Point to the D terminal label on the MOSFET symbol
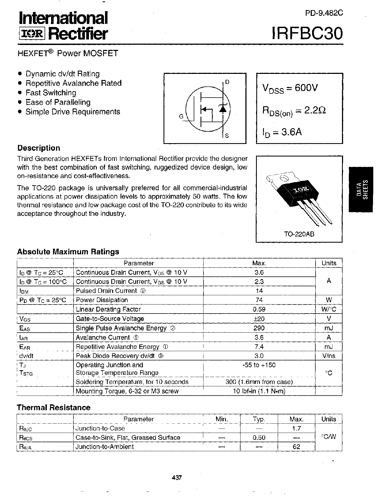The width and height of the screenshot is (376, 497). pyautogui.click(x=227, y=82)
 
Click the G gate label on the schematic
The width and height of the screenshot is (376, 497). pyautogui.click(x=181, y=116)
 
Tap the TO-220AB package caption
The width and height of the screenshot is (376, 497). pyautogui.click(x=299, y=234)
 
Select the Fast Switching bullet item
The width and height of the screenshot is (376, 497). pyautogui.click(x=51, y=93)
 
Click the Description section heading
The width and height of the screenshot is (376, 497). pyautogui.click(x=39, y=148)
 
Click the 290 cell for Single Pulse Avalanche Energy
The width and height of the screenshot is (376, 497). pyautogui.click(x=259, y=328)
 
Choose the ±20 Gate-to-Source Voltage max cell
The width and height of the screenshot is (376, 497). pyautogui.click(x=259, y=319)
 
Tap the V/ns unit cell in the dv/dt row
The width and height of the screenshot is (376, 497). pyautogui.click(x=328, y=356)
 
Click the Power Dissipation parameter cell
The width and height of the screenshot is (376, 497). pyautogui.click(x=102, y=300)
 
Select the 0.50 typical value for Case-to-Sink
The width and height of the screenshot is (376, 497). pyautogui.click(x=259, y=438)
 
